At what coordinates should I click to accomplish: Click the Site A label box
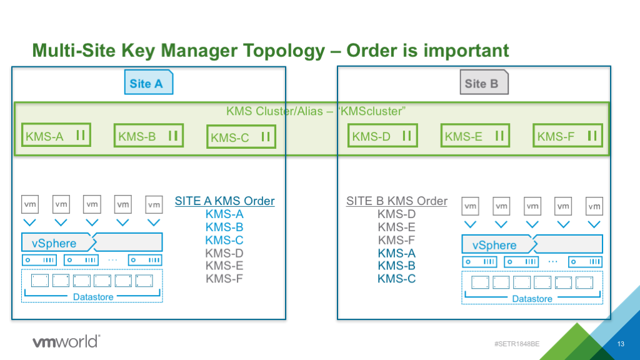(x=147, y=83)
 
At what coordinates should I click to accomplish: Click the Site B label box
(x=484, y=83)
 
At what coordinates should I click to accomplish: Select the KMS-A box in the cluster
(x=55, y=136)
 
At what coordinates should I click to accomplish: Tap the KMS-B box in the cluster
(x=148, y=136)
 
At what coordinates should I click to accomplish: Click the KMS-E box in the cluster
(x=474, y=136)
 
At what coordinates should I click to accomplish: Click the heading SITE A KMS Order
(x=224, y=201)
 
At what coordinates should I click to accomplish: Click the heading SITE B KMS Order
(x=397, y=201)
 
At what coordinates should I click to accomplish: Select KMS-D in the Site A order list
(x=224, y=253)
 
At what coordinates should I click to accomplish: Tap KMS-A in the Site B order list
(x=397, y=253)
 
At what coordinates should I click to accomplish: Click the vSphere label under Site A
(x=54, y=243)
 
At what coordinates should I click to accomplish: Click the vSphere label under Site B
(x=494, y=245)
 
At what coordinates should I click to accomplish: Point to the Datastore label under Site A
(x=93, y=297)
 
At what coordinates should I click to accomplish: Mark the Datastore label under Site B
(x=532, y=299)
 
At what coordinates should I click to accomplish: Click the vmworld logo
(x=65, y=341)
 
